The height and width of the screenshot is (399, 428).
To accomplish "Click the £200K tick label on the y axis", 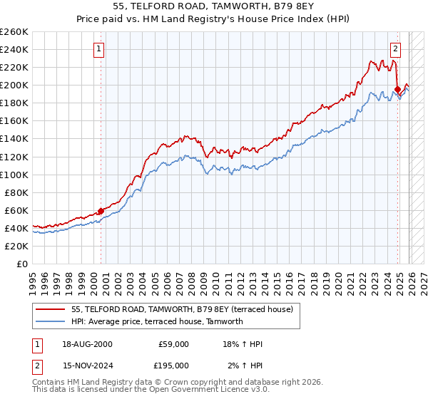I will [14, 85].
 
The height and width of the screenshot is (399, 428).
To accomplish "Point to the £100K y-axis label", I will [14, 175].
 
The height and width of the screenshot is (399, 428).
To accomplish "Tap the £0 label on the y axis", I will [21, 264].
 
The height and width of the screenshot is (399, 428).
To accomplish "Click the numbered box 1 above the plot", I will [99, 49].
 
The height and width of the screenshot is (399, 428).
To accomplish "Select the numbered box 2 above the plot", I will [394, 49].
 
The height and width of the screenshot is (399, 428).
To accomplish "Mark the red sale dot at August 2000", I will [101, 211].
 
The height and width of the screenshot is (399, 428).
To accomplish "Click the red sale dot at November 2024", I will [397, 89].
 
